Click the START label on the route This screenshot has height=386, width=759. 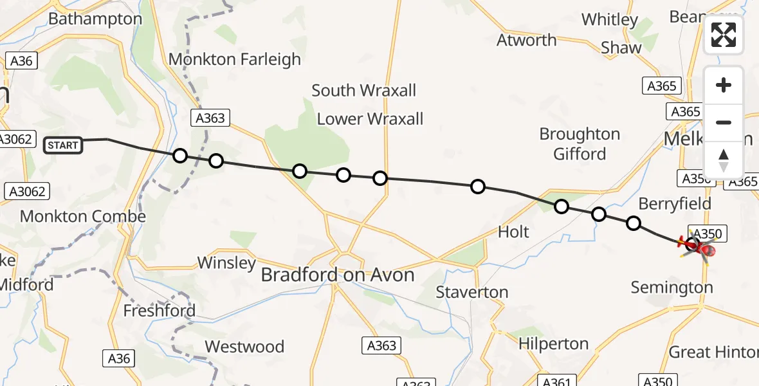click(x=63, y=145)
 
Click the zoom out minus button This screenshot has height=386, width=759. click(x=724, y=123)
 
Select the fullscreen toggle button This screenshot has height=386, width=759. click(x=724, y=35)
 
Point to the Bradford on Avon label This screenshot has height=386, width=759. click(x=338, y=275)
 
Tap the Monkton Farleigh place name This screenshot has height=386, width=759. click(x=235, y=60)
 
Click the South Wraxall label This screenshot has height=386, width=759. click(x=364, y=91)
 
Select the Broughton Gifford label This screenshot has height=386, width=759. click(x=580, y=144)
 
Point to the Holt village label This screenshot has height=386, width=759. click(x=513, y=232)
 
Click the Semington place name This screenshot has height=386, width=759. click(x=672, y=288)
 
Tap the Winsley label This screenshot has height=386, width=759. click(x=226, y=262)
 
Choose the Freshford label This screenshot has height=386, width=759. click(x=160, y=311)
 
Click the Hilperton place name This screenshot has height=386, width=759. click(x=553, y=344)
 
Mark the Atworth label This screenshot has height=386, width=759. click(x=527, y=41)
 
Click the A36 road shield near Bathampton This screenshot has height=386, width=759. click(x=22, y=61)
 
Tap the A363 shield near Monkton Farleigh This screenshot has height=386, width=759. click(x=209, y=118)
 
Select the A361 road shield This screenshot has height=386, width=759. click(x=554, y=381)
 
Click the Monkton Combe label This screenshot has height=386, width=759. click(x=83, y=217)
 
